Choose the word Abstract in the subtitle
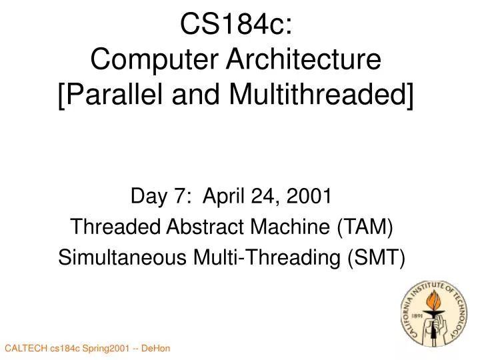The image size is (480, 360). point(196,227)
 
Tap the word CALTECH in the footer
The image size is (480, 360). point(25,349)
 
